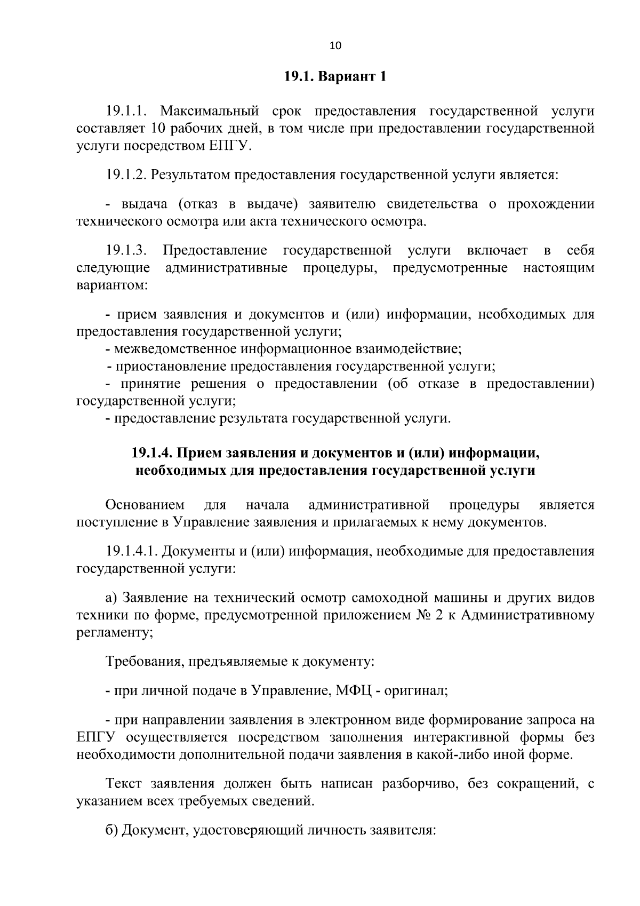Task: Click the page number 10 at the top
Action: point(335,45)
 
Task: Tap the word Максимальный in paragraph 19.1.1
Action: point(209,112)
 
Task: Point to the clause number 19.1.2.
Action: point(126,175)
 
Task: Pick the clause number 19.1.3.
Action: point(126,250)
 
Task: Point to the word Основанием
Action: point(145,505)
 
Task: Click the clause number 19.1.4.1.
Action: point(131,551)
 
